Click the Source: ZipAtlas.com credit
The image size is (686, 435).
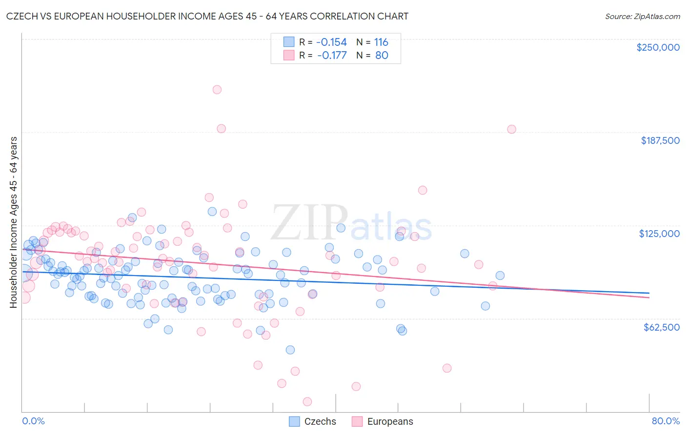click(x=642, y=16)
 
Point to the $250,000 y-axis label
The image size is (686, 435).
click(x=658, y=47)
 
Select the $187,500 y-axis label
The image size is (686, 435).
click(x=660, y=140)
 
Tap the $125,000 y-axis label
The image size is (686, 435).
click(x=659, y=234)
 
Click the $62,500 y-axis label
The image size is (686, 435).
click(x=661, y=327)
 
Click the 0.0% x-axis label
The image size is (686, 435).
click(x=34, y=421)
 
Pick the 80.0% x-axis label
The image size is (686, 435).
click(x=666, y=421)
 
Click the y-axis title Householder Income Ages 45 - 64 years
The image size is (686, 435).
click(x=13, y=222)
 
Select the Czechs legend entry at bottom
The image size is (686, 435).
click(x=313, y=421)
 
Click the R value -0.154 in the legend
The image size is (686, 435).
click(x=331, y=42)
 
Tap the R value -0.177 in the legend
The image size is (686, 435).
click(x=331, y=55)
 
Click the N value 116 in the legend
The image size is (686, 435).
click(x=381, y=42)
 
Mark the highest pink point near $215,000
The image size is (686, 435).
click(x=217, y=89)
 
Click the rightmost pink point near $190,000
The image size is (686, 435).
click(x=511, y=129)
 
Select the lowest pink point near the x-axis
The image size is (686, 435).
click(x=307, y=401)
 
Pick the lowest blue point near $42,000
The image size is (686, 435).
click(x=290, y=350)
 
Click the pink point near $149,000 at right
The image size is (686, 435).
click(x=423, y=190)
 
